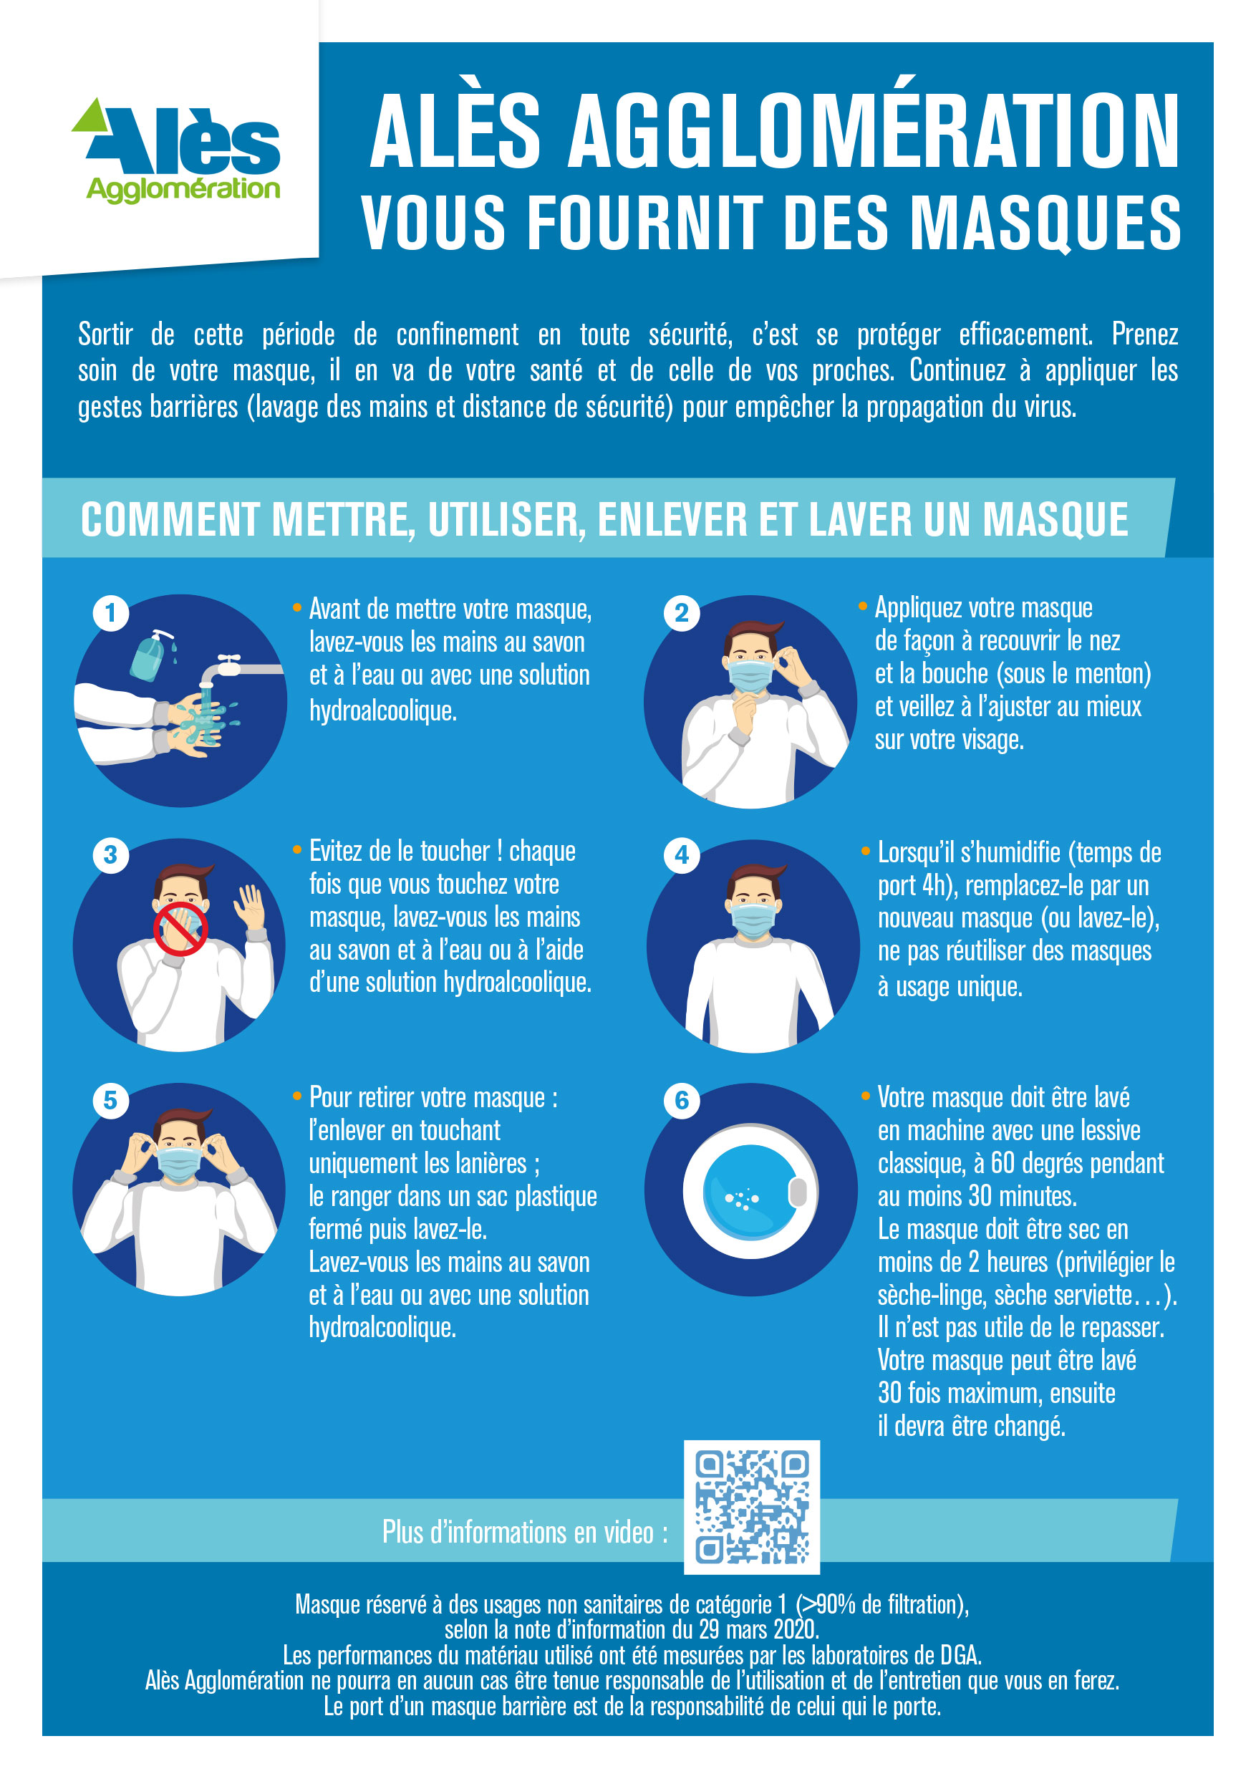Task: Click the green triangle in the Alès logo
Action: (91, 117)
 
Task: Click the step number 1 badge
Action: (111, 613)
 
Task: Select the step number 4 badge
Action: (681, 854)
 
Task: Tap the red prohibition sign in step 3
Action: (180, 928)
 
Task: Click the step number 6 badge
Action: (681, 1100)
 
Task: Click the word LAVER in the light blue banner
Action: (860, 519)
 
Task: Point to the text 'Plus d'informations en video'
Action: (525, 1532)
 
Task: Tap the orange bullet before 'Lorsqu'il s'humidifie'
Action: (866, 852)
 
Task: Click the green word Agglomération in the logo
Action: (183, 188)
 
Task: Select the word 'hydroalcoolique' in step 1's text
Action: (383, 710)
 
